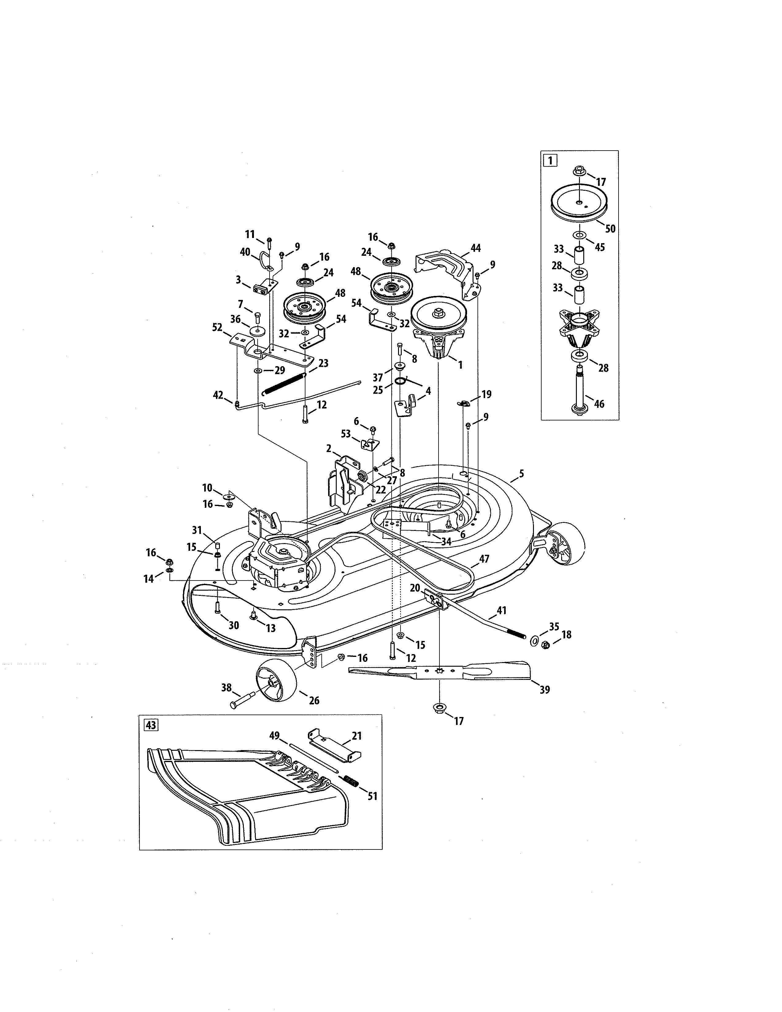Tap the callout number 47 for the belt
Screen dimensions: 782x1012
pos(484,559)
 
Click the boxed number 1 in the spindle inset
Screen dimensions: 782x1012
pos(550,161)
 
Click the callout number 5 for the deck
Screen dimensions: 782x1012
pos(522,473)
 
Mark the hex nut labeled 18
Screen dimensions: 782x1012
pos(546,645)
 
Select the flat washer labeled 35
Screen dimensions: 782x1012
pos(533,641)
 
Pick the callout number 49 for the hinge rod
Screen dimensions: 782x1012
pos(275,735)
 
